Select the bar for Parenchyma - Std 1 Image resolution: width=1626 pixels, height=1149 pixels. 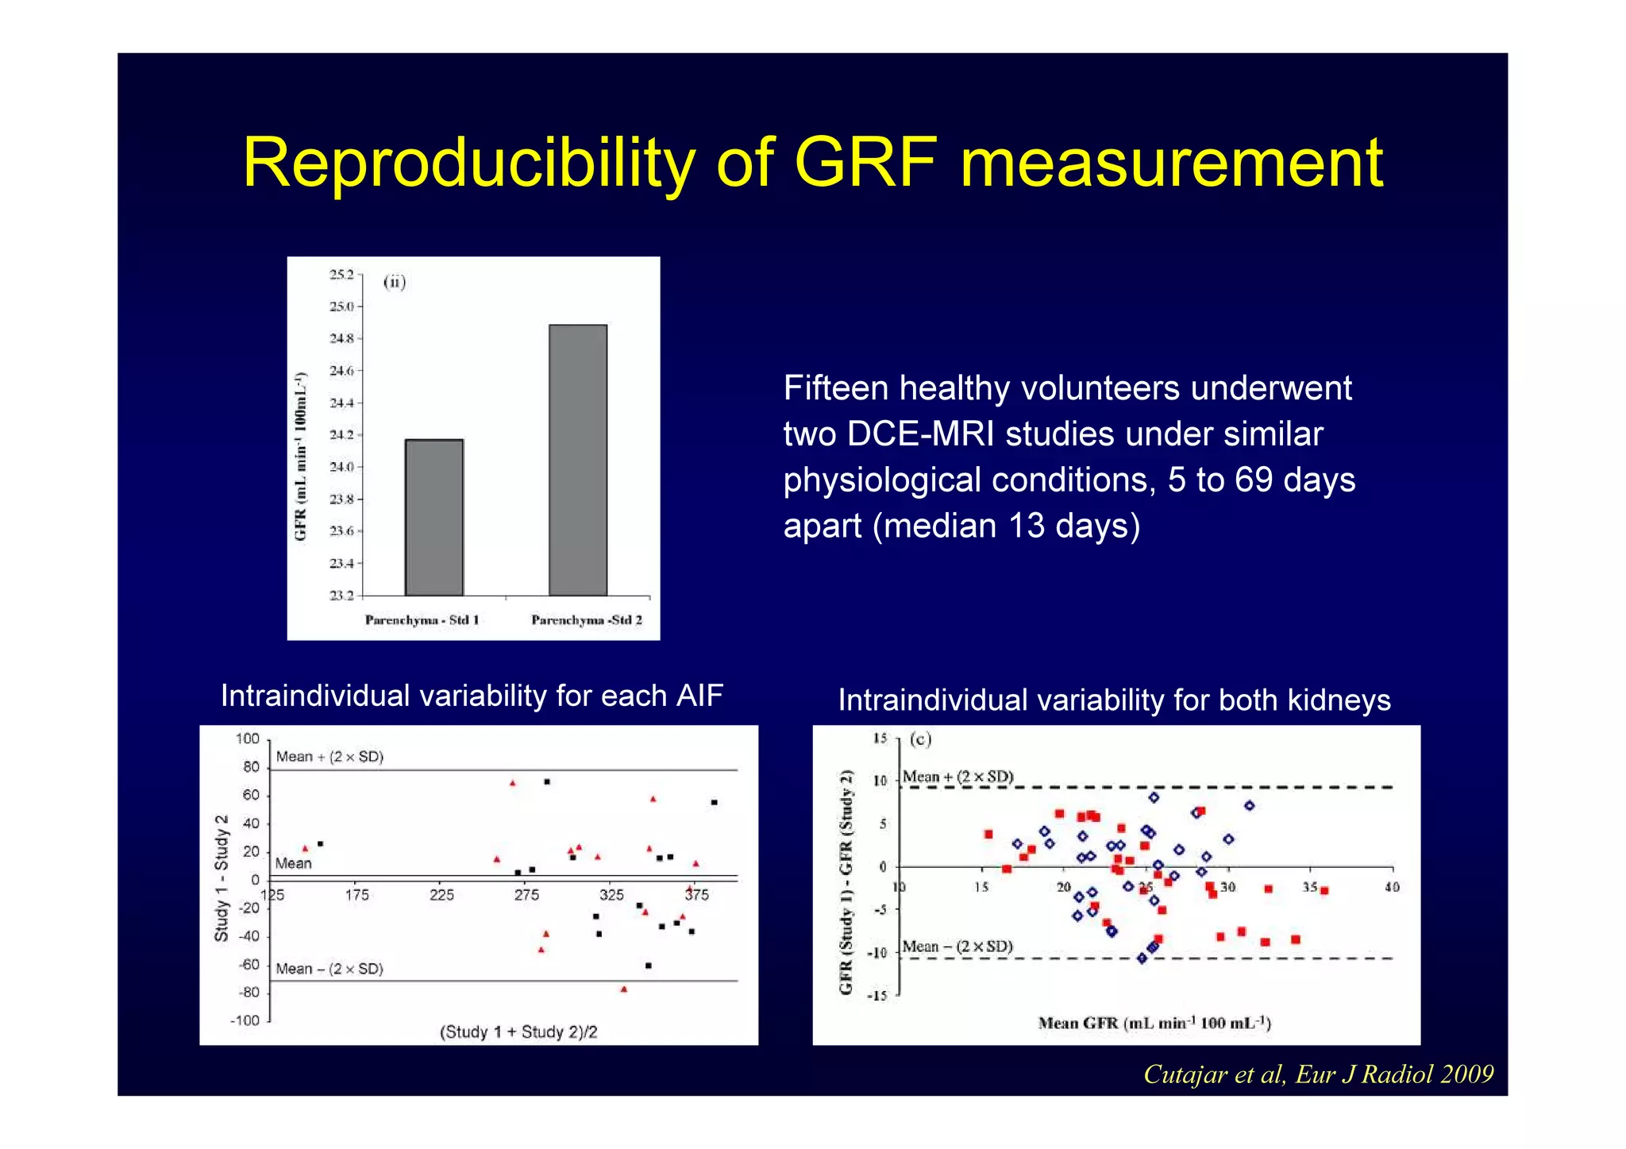pyautogui.click(x=434, y=517)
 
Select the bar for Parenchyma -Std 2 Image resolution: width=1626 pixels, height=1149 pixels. pyautogui.click(x=578, y=461)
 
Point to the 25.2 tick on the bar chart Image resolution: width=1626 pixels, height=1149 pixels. pyautogui.click(x=341, y=275)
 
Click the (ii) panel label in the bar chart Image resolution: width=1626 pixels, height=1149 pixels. pyautogui.click(x=395, y=282)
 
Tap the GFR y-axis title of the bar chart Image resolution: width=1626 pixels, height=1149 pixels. pyautogui.click(x=301, y=456)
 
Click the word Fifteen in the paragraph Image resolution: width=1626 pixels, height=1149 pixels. pyautogui.click(x=835, y=388)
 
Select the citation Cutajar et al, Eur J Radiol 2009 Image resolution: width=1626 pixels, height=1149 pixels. pyautogui.click(x=1318, y=1074)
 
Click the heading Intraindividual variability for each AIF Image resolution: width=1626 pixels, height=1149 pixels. pyautogui.click(x=472, y=696)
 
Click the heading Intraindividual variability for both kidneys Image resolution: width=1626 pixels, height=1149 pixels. pyautogui.click(x=1114, y=700)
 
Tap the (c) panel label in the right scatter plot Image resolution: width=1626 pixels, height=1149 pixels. pyautogui.click(x=920, y=739)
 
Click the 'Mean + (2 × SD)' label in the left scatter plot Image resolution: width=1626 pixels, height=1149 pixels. pyautogui.click(x=329, y=757)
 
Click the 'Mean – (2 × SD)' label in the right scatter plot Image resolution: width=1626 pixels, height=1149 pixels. pyautogui.click(x=957, y=947)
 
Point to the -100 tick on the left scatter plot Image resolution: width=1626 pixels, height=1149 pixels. pyautogui.click(x=245, y=1020)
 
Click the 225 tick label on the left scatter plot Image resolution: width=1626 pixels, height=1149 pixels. pyautogui.click(x=441, y=895)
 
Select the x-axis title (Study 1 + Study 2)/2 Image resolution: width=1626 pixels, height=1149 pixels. pyautogui.click(x=518, y=1031)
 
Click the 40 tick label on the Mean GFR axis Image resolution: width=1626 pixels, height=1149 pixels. pyautogui.click(x=1392, y=887)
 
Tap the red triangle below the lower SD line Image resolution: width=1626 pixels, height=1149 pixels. pyautogui.click(x=624, y=989)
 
